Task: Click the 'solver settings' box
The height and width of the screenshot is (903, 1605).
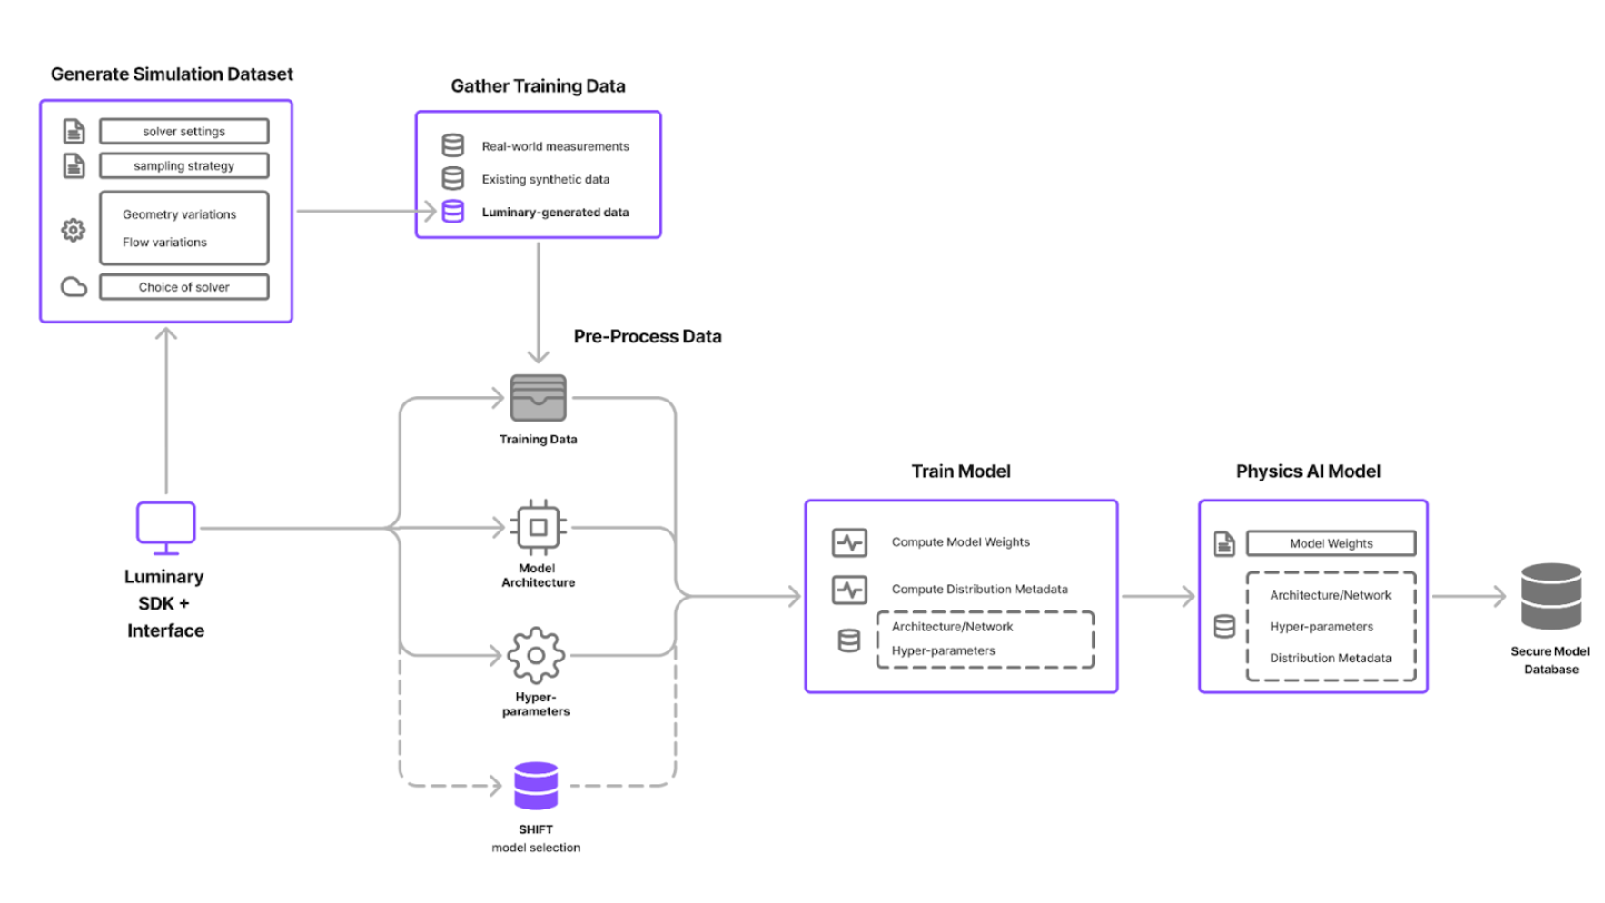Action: point(183,132)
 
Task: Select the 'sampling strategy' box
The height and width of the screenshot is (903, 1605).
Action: point(183,166)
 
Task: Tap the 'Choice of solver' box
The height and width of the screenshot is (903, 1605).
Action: point(183,287)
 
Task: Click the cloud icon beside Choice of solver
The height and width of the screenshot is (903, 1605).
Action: point(74,287)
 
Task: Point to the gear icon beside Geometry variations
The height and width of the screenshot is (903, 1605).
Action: point(74,230)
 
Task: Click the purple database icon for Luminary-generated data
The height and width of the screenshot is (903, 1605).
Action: point(452,212)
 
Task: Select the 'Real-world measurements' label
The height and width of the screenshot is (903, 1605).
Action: point(555,146)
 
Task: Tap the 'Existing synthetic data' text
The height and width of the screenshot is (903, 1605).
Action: point(545,179)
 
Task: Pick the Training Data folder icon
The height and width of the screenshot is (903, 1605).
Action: point(538,398)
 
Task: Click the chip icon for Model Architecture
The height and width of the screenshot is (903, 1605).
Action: point(538,527)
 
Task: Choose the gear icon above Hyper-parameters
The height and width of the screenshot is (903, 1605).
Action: point(536,655)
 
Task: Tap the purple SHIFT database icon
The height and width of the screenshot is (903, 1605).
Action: point(536,786)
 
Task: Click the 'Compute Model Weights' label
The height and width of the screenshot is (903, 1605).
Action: point(960,542)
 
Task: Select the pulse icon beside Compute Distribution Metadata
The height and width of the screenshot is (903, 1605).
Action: point(849,590)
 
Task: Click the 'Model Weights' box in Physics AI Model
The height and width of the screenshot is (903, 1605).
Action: point(1331,543)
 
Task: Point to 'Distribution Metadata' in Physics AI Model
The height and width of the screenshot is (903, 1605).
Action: point(1330,658)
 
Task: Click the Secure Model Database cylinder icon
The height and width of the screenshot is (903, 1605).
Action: point(1551,596)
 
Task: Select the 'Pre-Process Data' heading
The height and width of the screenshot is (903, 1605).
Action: point(647,336)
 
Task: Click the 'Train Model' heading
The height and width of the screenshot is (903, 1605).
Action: point(960,471)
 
